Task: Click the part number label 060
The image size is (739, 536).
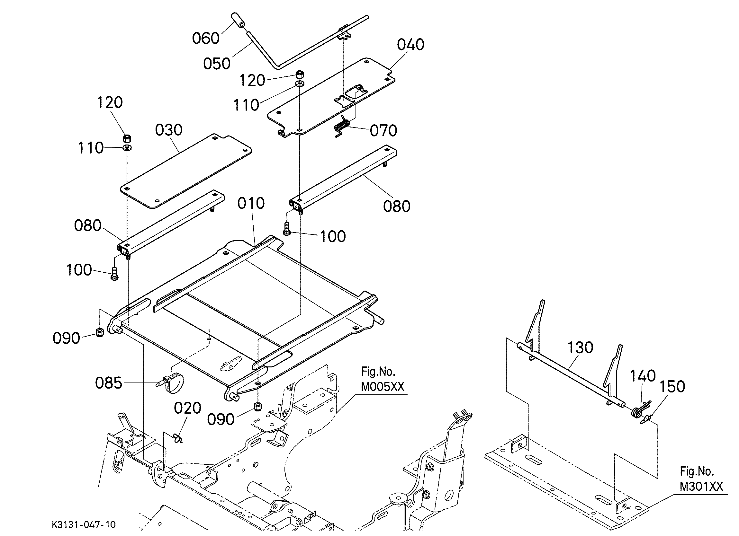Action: point(206,39)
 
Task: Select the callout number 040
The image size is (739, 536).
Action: point(410,45)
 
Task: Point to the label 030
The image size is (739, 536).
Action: point(168,130)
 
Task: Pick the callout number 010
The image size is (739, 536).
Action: point(251,204)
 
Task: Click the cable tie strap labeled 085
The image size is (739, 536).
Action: point(172,382)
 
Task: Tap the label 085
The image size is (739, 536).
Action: point(109,383)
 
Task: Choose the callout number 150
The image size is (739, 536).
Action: point(672,387)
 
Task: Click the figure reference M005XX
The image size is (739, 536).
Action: point(383,387)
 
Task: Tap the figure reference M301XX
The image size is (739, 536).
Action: point(701,487)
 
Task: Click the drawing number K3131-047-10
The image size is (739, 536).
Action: point(83,525)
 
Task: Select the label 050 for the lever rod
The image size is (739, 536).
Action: point(217,64)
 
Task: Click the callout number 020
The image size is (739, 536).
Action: point(187,408)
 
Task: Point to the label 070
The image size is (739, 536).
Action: point(383,131)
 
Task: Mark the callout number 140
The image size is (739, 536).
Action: point(643,376)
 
